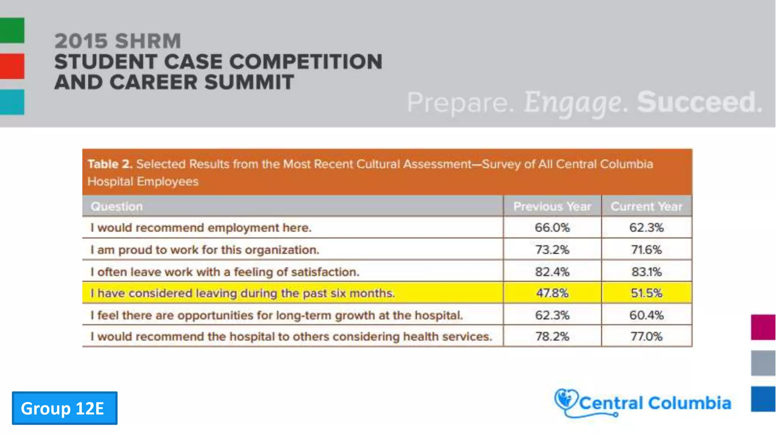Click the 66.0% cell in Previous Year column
click(552, 227)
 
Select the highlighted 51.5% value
click(646, 293)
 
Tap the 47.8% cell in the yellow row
click(552, 293)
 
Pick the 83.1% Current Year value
click(646, 272)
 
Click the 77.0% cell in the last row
click(646, 336)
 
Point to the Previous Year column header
click(552, 206)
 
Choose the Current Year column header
click(646, 206)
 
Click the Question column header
click(117, 206)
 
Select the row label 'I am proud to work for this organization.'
click(205, 250)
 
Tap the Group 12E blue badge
click(64, 408)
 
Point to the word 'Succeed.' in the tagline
click(699, 102)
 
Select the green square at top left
click(12, 30)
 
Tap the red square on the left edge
click(12, 66)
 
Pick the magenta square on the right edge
click(763, 327)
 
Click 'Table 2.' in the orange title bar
click(110, 164)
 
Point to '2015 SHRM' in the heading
click(118, 41)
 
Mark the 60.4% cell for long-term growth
click(646, 315)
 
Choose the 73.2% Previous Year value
click(552, 250)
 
